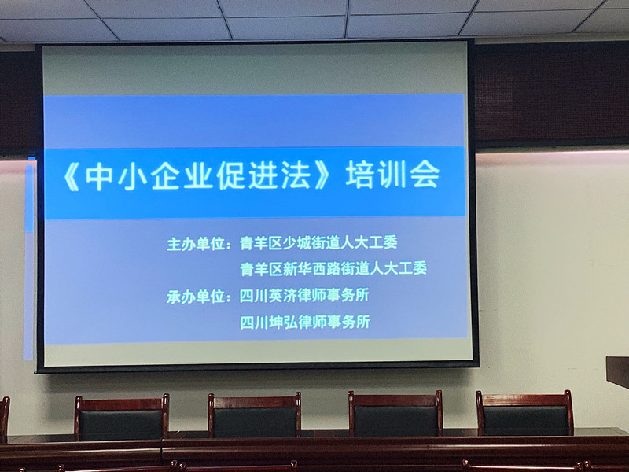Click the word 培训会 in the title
[x=393, y=175]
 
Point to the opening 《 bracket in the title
[x=72, y=178]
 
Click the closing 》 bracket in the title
[x=323, y=176]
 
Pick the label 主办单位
[x=196, y=244]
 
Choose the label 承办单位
[x=196, y=297]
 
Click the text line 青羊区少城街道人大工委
[x=318, y=242]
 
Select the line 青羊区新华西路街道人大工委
[x=333, y=268]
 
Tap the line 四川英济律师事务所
[x=304, y=296]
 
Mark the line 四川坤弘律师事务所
[x=304, y=322]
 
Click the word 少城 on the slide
[x=297, y=243]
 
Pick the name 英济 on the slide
[x=283, y=296]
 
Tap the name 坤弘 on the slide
[x=283, y=323]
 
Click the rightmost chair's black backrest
[x=524, y=420]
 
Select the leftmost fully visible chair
[x=121, y=418]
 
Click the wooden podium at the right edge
[x=618, y=371]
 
